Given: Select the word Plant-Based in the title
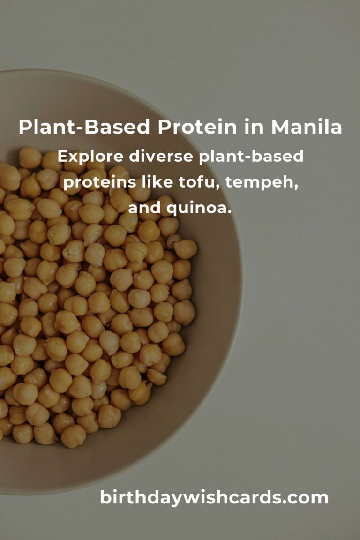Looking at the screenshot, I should click(84, 127).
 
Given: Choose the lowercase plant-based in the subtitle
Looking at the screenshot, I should click(251, 157).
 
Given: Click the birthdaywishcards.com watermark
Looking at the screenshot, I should click(214, 497).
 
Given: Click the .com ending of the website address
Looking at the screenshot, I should click(304, 497).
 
